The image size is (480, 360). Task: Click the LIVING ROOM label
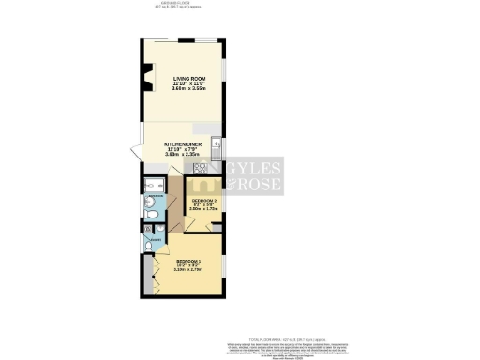click(184, 79)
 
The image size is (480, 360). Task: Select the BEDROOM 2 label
click(204, 201)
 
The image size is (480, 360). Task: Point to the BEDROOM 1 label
click(188, 262)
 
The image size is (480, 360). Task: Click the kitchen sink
click(217, 144)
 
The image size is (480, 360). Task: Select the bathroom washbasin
click(153, 199)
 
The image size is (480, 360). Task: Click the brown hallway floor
click(173, 211)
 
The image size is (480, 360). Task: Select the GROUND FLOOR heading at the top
click(174, 3)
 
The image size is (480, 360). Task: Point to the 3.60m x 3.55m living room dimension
click(184, 90)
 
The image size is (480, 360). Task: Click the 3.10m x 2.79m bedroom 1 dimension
click(188, 273)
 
